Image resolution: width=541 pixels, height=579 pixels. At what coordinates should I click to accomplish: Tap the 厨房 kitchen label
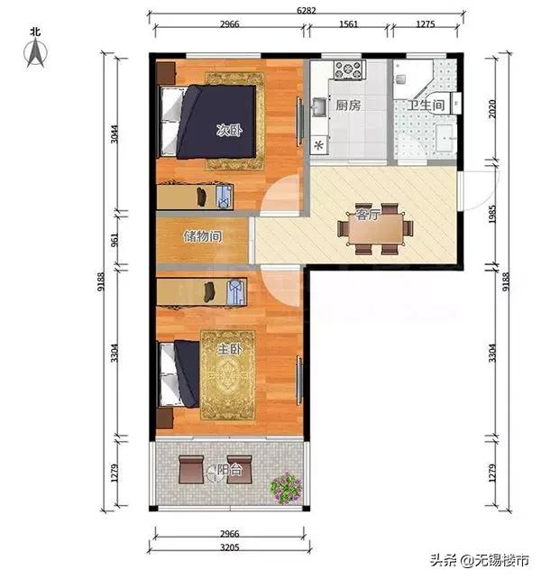348,106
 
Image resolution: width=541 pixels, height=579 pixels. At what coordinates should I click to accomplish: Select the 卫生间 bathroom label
426,106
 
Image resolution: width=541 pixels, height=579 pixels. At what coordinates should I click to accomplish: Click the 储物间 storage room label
203,236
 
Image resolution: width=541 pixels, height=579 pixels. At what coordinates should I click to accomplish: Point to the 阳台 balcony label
229,470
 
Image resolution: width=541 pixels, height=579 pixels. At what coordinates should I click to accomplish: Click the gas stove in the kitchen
349,69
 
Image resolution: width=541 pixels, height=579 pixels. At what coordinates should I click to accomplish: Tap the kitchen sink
320,107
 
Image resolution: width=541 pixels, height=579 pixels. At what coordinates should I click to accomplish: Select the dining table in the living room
375,228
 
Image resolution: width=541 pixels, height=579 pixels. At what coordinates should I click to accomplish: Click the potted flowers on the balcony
287,488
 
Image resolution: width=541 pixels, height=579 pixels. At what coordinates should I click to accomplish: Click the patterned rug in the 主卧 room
228,375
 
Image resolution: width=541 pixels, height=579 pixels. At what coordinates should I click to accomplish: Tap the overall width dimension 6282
307,10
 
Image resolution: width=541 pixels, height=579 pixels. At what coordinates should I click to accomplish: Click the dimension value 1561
348,24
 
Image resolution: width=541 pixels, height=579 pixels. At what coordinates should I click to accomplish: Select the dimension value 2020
492,109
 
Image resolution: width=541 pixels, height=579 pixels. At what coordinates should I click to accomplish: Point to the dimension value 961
115,240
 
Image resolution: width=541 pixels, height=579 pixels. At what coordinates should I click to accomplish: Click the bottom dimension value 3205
229,547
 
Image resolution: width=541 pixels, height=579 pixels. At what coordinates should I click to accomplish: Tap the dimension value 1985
492,214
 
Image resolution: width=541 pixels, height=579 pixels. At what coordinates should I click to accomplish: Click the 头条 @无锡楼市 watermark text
480,560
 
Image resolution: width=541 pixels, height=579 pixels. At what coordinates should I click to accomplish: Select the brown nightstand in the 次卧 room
165,73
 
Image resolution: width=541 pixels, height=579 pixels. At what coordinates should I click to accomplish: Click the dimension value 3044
115,133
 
